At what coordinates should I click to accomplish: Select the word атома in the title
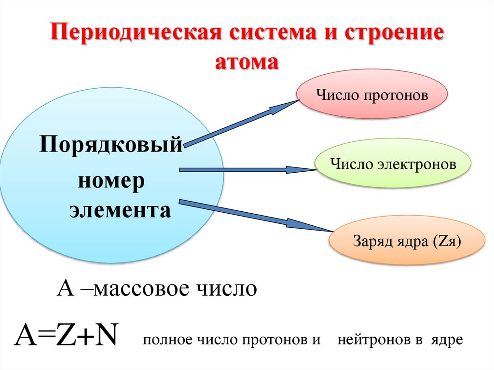tap(247, 63)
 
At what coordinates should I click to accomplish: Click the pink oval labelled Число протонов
tap(372, 95)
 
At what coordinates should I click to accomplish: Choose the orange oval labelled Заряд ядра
tap(407, 240)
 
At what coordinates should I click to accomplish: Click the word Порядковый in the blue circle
tap(111, 144)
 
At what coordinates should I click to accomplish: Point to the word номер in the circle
tap(111, 181)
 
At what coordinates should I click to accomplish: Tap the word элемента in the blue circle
tap(120, 211)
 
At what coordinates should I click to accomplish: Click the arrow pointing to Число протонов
tap(241, 123)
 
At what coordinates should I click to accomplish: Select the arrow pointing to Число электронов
tap(246, 170)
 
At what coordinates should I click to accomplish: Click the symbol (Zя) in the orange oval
tap(447, 240)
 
